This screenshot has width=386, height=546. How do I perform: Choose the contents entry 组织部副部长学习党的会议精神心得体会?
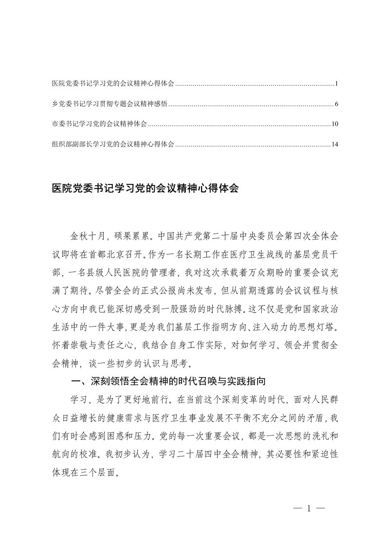click(x=113, y=145)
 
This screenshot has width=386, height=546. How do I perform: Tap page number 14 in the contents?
click(x=334, y=145)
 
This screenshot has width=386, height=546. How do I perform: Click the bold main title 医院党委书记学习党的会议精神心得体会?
click(x=145, y=188)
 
